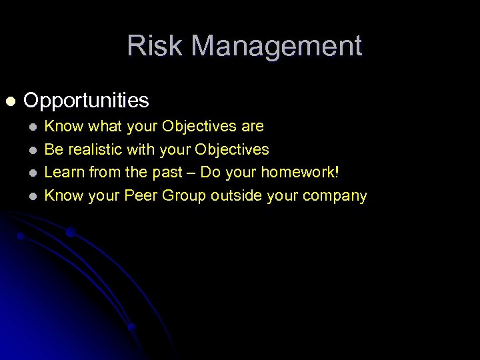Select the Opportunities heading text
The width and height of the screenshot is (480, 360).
86,101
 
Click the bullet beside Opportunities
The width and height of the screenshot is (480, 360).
9,101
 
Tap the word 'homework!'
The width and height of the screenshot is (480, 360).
300,173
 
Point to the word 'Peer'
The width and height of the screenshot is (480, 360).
140,195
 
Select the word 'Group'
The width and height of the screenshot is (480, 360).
183,195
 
